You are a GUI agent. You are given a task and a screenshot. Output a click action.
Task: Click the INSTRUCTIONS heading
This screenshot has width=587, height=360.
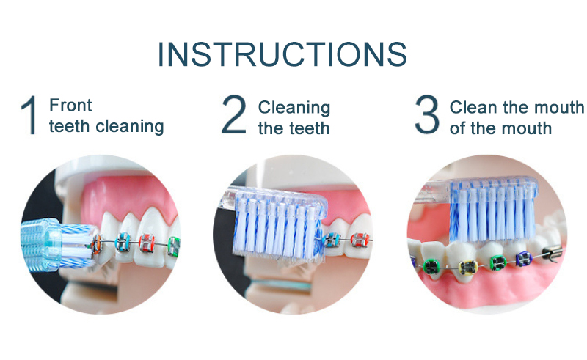click(282, 54)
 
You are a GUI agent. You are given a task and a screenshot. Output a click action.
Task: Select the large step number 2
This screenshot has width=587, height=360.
click(234, 116)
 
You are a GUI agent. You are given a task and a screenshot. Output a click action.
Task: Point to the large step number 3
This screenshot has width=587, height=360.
click(426, 116)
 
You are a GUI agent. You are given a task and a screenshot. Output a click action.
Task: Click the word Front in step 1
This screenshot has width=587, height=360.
click(70, 106)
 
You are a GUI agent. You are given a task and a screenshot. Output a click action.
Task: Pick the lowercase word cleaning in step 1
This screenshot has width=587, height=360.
click(129, 126)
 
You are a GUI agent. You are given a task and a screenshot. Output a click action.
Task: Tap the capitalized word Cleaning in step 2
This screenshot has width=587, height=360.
click(293, 107)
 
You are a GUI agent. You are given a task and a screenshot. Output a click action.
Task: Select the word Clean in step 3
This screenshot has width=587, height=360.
click(473, 107)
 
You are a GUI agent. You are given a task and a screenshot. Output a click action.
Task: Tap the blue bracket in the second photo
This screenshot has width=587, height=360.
click(335, 240)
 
